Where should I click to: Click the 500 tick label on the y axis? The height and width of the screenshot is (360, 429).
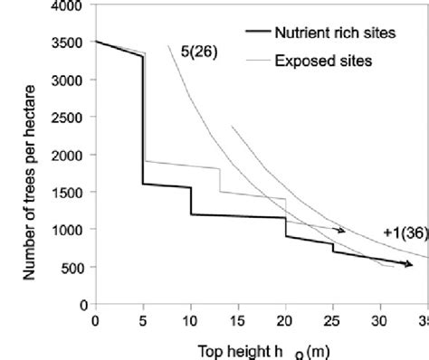coord(71,268)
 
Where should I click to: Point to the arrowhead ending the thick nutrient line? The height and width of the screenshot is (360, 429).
coord(408,264)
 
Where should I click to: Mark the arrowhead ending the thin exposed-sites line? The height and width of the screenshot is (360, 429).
coord(341,231)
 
